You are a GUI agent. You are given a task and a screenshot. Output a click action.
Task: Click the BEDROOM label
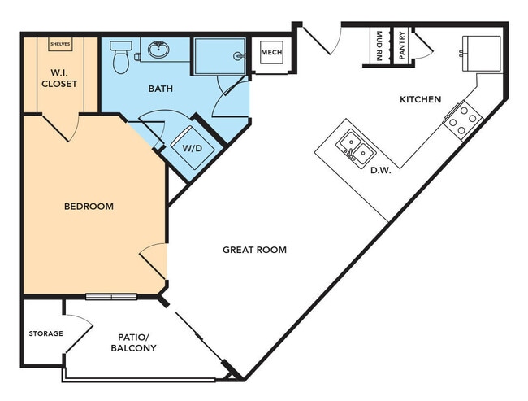[x=89, y=207]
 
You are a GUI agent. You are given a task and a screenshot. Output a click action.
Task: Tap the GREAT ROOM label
[x=254, y=250]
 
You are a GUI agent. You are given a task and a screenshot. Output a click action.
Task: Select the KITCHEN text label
[x=420, y=99]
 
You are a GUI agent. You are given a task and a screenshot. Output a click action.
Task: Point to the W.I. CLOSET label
[x=59, y=77]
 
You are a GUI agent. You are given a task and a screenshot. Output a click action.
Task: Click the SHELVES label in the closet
[x=59, y=43]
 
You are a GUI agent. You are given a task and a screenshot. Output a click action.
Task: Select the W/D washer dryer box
[x=193, y=148]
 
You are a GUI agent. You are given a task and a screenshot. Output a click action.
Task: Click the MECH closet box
[x=270, y=54]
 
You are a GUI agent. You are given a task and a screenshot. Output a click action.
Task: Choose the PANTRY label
[x=402, y=47]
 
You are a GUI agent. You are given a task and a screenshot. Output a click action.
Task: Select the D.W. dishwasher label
[x=381, y=171]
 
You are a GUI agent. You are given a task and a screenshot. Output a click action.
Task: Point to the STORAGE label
[x=45, y=333]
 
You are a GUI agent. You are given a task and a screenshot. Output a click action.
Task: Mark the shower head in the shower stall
[x=239, y=56]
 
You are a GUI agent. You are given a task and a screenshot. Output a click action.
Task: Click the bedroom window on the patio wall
[x=111, y=296]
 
